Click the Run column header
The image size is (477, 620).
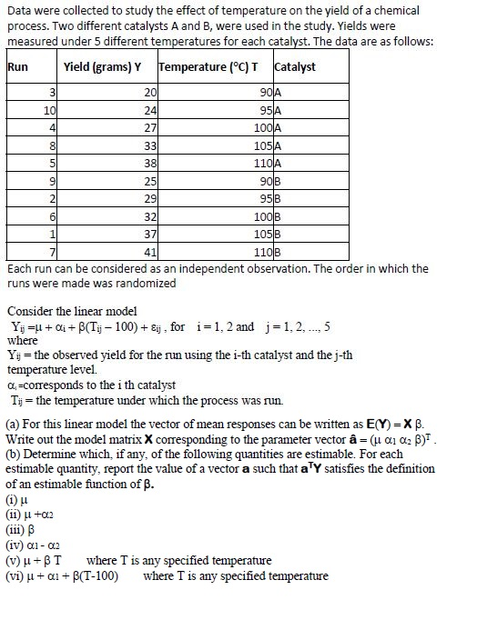(18, 67)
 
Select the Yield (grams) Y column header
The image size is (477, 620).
(103, 67)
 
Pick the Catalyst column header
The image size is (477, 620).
(294, 67)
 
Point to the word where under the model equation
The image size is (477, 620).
(22, 341)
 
